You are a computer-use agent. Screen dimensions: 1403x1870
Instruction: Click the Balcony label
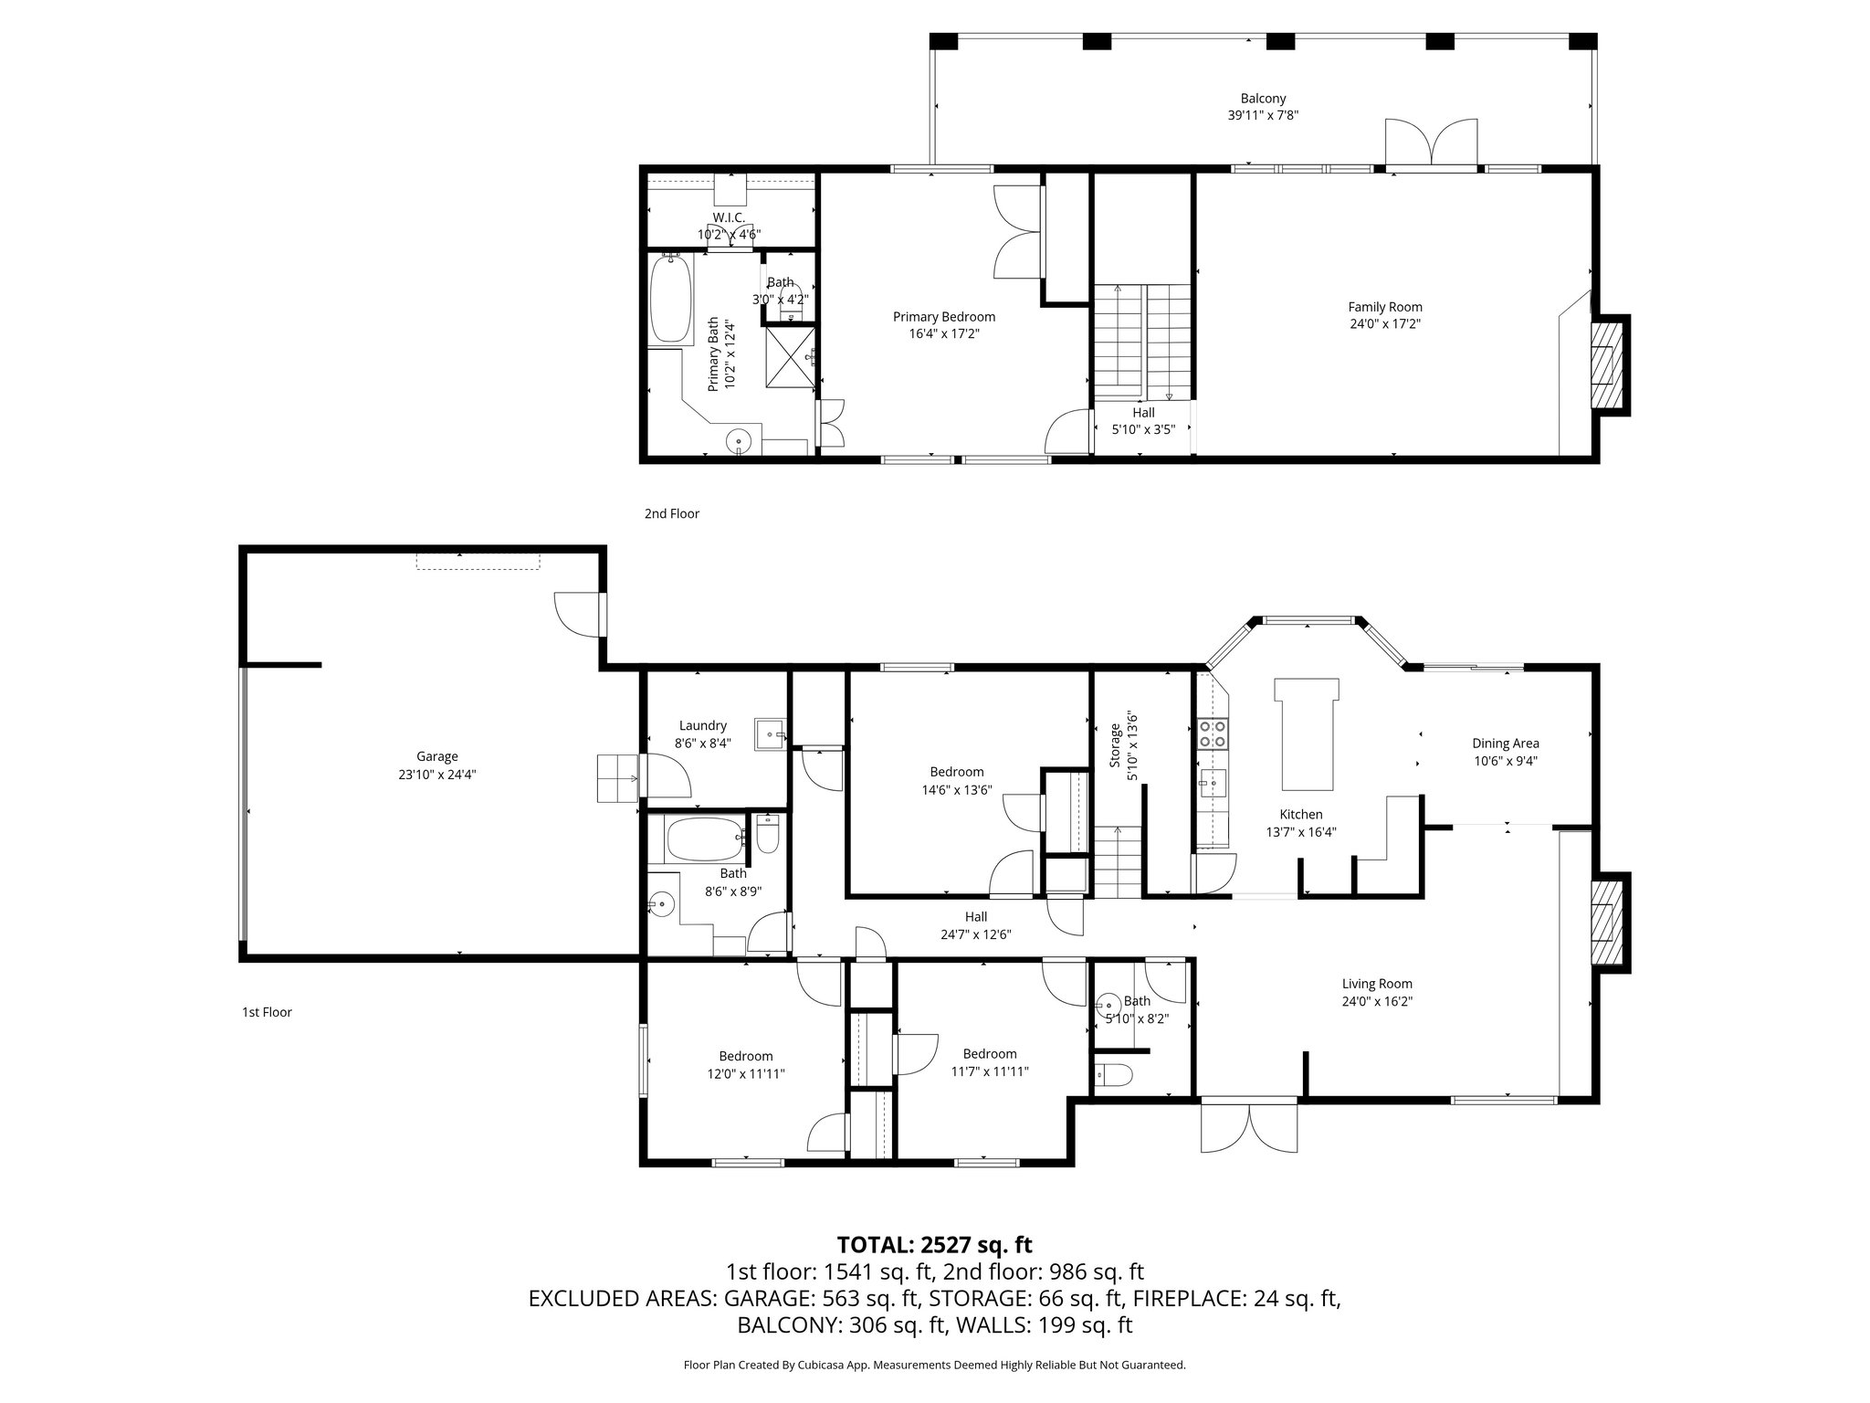coord(1263,99)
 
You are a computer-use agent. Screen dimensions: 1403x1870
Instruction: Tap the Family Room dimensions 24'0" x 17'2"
coord(1385,323)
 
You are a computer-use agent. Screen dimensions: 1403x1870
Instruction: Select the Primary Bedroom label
coord(943,317)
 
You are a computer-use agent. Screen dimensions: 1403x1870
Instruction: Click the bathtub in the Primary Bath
coord(670,299)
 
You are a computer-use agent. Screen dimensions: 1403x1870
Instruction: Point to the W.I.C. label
coord(729,217)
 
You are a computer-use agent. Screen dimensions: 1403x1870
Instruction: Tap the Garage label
coord(436,756)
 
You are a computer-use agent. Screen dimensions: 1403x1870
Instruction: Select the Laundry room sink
coord(770,734)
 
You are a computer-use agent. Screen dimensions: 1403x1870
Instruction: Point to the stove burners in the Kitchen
coord(1213,733)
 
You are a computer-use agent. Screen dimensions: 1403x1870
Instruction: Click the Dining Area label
coord(1505,744)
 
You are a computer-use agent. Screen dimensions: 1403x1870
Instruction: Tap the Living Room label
coord(1377,984)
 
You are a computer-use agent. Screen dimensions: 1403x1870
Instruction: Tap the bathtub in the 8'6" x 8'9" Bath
coord(703,838)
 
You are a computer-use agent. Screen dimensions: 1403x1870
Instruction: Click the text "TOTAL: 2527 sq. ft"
coord(934,1244)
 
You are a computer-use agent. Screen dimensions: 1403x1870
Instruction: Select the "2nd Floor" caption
coord(671,514)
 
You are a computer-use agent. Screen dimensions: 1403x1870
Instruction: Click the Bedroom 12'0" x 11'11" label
coord(745,1056)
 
